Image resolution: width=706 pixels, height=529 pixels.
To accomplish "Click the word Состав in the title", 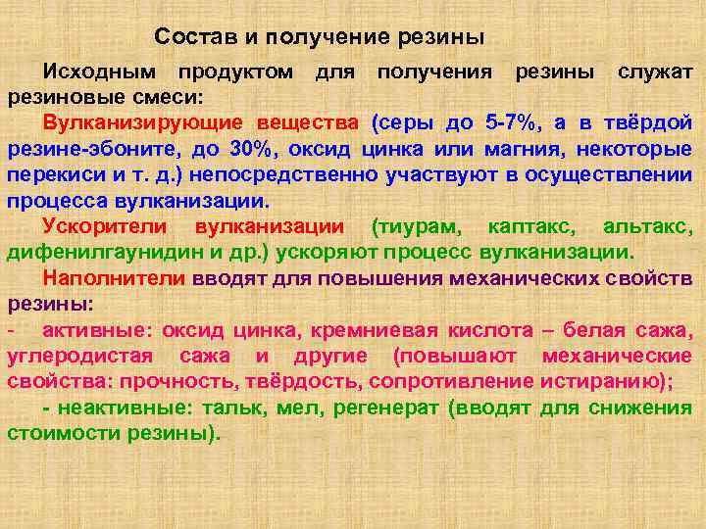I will tap(188, 38).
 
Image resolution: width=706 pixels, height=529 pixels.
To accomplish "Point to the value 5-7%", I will tap(511, 123).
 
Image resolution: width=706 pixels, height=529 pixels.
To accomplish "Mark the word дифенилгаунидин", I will tap(107, 252).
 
